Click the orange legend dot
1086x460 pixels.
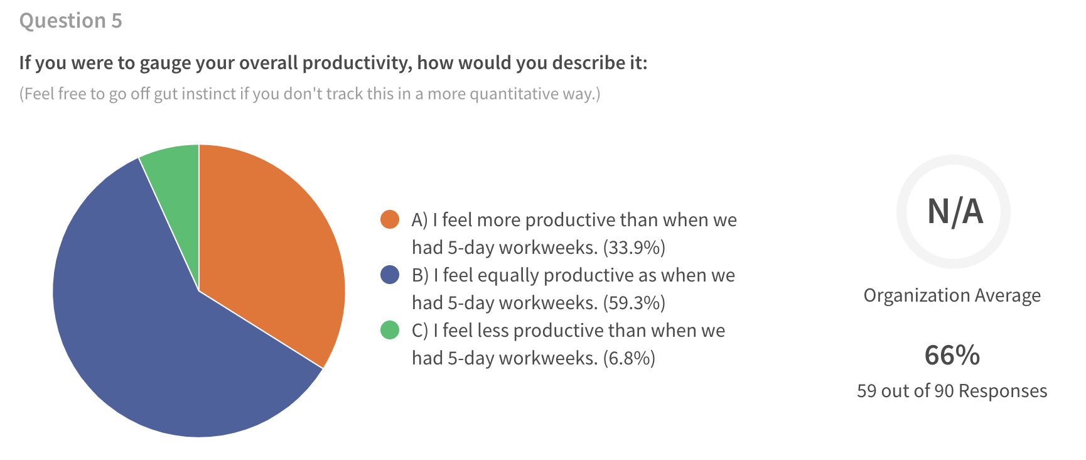click(390, 219)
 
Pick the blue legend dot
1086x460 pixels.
click(390, 275)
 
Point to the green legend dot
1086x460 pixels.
click(390, 330)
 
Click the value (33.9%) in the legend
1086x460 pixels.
click(634, 248)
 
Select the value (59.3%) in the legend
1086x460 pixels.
click(634, 303)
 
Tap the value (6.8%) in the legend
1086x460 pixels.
click(629, 358)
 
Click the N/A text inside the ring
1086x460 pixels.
click(955, 212)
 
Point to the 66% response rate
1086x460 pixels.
click(952, 356)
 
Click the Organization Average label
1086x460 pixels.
click(952, 295)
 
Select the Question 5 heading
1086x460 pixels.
click(71, 21)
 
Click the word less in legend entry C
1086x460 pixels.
click(493, 330)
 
